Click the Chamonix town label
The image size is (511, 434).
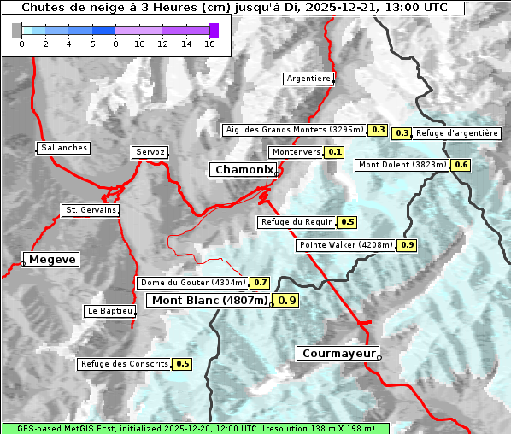pos(244,170)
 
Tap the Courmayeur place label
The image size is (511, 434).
pos(337,353)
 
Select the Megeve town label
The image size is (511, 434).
pos(52,259)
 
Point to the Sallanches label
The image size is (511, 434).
pos(64,148)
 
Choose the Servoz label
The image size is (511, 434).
pos(150,152)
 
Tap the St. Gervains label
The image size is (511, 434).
pos(91,210)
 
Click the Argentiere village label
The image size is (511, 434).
pos(308,79)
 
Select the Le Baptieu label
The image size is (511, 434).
pos(109,311)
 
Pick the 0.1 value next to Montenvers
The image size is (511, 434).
pos(335,152)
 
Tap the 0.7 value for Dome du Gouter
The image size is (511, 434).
pos(261,283)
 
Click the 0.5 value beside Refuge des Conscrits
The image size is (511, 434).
pos(182,364)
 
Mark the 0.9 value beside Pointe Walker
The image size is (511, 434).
pos(407,245)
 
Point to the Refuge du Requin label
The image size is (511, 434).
pos(297,222)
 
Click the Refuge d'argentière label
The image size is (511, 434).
pos(457,133)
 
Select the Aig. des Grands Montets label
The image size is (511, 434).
pos(294,130)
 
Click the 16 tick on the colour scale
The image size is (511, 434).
pos(209,44)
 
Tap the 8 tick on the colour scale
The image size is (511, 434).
pos(115,44)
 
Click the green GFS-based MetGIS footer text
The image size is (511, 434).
pos(195,428)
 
